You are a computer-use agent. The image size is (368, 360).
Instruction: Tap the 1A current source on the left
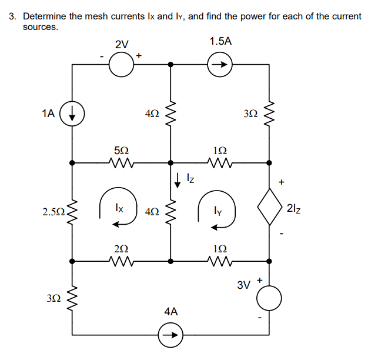[72, 114]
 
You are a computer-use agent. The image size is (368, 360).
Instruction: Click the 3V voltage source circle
[270, 299]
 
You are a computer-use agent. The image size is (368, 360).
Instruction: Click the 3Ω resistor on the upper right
[270, 114]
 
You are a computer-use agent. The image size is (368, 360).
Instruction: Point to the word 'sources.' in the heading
[41, 27]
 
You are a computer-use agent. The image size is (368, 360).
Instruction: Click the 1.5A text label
[220, 41]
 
